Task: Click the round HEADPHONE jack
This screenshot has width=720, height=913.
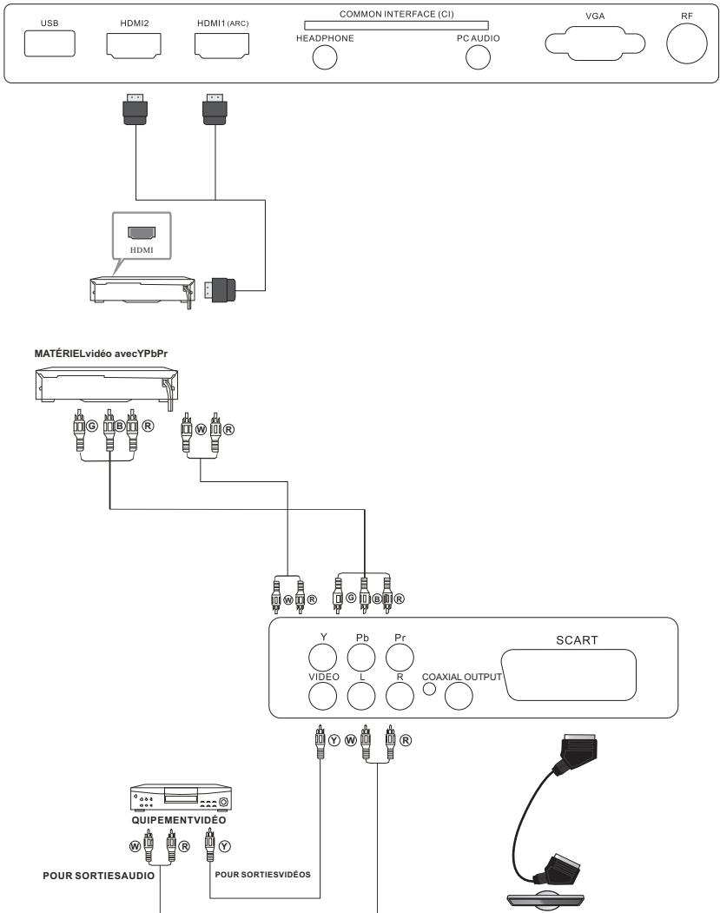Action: point(324,56)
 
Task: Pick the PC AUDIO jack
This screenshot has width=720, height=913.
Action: point(478,56)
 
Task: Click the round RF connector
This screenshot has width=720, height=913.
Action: point(687,43)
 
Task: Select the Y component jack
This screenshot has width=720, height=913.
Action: point(323,653)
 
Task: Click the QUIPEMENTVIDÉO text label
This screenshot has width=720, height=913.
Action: point(177,820)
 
